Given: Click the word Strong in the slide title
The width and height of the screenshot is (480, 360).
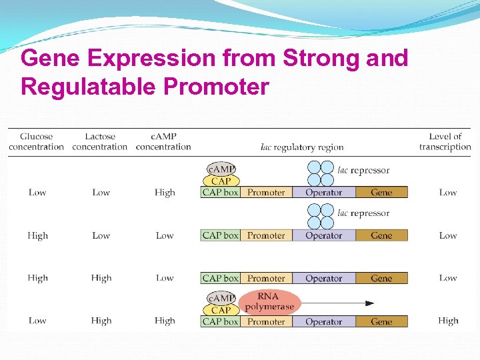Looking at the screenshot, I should pyautogui.click(x=322, y=59).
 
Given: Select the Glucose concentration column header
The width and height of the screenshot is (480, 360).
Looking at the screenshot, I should pyautogui.click(x=36, y=141).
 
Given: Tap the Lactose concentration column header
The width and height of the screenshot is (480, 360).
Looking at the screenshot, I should pyautogui.click(x=99, y=141).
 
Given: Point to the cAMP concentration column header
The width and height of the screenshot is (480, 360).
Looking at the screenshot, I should pyautogui.click(x=163, y=141).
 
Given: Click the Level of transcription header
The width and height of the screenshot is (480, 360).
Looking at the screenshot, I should pyautogui.click(x=445, y=141).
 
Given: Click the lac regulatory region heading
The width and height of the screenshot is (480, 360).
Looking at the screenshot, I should pyautogui.click(x=302, y=147).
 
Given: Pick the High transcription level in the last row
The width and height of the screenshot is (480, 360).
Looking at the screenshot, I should pyautogui.click(x=448, y=321).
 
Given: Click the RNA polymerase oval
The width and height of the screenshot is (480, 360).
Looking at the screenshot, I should pyautogui.click(x=269, y=302).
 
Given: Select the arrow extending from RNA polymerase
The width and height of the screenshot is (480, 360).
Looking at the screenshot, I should pyautogui.click(x=337, y=303).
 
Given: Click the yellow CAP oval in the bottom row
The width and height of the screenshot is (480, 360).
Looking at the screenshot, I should pyautogui.click(x=221, y=310).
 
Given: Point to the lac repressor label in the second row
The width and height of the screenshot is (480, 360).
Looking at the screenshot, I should pyautogui.click(x=363, y=213).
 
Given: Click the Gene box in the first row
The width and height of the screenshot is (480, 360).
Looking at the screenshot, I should pyautogui.click(x=381, y=193).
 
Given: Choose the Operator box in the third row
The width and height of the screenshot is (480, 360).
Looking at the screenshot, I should pyautogui.click(x=323, y=278).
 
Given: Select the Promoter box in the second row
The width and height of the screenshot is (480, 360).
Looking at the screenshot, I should pyautogui.click(x=266, y=235).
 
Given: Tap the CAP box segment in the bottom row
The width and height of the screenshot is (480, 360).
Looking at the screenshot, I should pyautogui.click(x=220, y=321).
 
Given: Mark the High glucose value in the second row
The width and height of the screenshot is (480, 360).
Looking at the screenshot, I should pyautogui.click(x=37, y=235).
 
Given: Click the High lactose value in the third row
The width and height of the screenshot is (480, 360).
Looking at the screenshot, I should pyautogui.click(x=101, y=278).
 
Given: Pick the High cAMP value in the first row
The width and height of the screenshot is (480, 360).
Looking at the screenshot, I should pyautogui.click(x=165, y=193).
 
